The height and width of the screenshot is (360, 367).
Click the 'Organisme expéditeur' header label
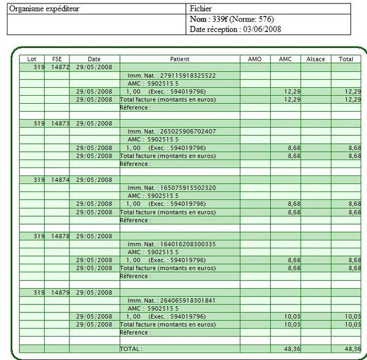click(44, 9)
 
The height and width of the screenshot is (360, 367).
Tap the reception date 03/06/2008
click(262, 29)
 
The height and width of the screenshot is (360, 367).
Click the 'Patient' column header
click(179, 59)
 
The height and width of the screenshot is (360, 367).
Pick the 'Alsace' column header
click(315, 59)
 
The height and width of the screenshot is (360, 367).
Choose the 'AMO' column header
click(255, 59)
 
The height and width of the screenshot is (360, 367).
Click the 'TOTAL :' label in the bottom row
click(131, 349)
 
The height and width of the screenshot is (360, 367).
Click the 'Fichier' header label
click(201, 9)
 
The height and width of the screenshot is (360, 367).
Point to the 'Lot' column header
click(32, 59)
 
